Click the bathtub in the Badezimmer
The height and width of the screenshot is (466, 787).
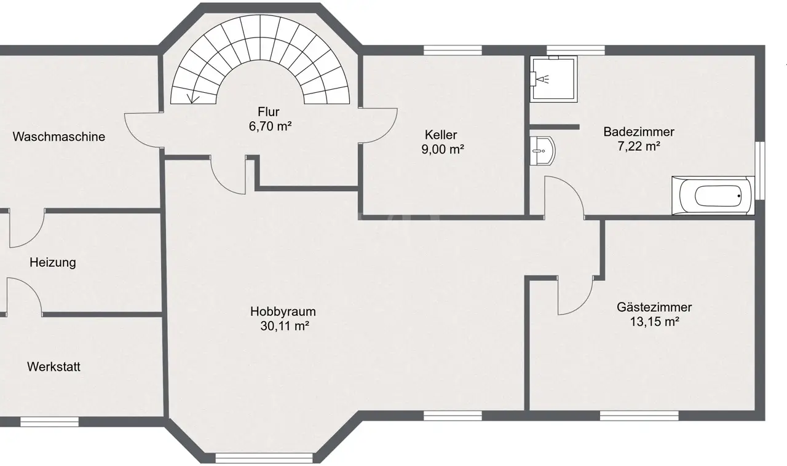tap(713, 195)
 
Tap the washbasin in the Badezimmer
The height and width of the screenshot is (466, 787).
tap(542, 151)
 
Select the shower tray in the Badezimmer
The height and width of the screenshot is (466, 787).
tap(553, 79)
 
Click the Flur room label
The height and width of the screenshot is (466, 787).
tap(269, 112)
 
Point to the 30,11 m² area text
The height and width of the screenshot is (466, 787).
tap(285, 326)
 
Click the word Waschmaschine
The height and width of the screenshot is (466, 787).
tap(58, 136)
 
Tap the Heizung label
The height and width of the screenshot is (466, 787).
tap(53, 263)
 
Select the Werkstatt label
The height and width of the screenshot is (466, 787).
tap(53, 366)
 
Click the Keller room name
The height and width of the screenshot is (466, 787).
tap(441, 135)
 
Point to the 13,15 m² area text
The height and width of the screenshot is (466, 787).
tap(654, 322)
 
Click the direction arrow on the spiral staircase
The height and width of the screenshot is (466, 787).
tap(192, 98)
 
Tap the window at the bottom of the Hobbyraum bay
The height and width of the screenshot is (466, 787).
tap(264, 458)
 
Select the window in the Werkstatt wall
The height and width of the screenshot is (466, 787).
tap(49, 422)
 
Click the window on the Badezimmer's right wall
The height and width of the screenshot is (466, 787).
tap(759, 171)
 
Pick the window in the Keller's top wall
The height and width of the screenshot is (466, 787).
tap(453, 50)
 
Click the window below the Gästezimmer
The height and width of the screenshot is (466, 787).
tap(639, 416)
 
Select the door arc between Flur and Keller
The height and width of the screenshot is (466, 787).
tap(387, 132)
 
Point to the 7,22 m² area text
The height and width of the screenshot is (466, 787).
tap(639, 146)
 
